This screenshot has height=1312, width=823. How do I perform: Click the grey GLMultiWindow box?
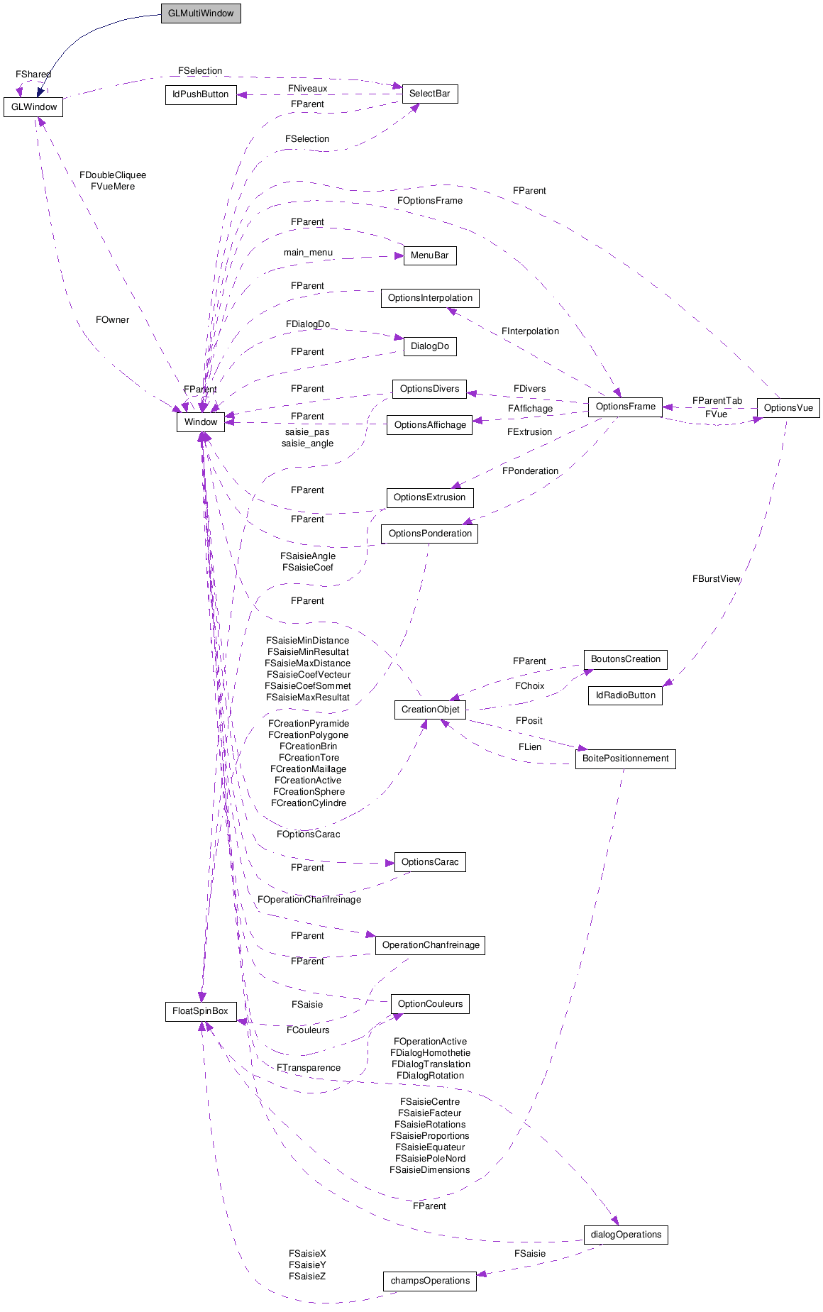(201, 13)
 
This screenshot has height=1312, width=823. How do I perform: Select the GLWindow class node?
(33, 107)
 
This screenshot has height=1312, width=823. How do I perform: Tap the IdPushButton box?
(201, 94)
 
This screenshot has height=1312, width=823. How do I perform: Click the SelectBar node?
(429, 94)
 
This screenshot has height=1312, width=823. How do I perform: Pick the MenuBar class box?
(429, 255)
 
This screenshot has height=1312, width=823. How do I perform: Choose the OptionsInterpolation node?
(430, 298)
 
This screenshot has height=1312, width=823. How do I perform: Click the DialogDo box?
(430, 346)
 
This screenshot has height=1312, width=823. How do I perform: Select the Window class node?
(201, 422)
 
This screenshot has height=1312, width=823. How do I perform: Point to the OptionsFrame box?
(625, 407)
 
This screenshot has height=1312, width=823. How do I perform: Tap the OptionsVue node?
(788, 408)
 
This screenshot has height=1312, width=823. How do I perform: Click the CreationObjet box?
(430, 710)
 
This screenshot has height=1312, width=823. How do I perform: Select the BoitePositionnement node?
(625, 759)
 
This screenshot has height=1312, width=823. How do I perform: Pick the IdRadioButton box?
(625, 695)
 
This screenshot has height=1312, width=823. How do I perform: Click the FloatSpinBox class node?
(201, 1011)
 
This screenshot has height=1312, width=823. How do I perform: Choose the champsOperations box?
(430, 1281)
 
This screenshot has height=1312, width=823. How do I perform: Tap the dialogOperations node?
(625, 1235)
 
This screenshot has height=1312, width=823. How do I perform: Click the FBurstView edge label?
(716, 579)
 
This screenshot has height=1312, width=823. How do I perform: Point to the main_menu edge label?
(308, 253)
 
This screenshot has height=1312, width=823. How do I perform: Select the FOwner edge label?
(113, 320)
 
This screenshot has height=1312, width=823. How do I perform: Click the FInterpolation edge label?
(530, 331)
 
